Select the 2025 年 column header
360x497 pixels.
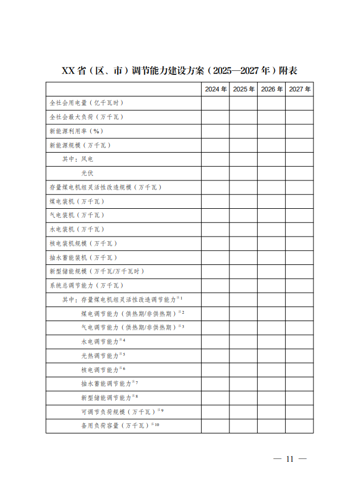244,90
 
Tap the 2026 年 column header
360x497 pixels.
271,90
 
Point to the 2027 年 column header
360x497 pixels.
299,90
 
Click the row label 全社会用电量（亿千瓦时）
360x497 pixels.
86,103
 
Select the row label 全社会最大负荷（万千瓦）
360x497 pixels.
86,117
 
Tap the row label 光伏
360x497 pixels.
87,174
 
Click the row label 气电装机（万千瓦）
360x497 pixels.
77,216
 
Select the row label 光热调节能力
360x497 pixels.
100,356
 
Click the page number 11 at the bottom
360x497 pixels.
290,459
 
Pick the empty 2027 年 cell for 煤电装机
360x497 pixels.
299,201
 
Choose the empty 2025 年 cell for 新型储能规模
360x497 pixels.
244,272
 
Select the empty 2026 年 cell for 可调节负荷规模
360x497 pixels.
271,412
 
